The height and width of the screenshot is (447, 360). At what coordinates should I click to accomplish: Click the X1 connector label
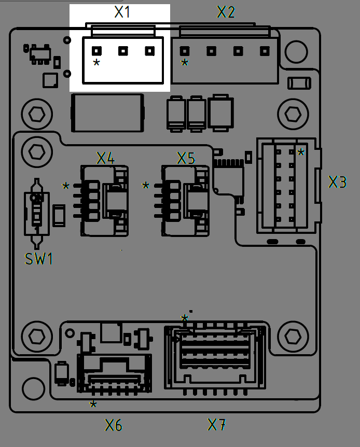[x=122, y=12]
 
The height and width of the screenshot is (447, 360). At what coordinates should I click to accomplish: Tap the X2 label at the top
[x=226, y=12]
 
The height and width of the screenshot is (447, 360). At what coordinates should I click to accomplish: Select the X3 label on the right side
[x=337, y=182]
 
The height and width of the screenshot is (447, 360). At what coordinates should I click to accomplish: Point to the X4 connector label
[x=105, y=158]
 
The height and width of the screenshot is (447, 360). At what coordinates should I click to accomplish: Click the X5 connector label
[x=186, y=158]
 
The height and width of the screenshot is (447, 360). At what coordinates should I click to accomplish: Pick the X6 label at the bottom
[x=114, y=426]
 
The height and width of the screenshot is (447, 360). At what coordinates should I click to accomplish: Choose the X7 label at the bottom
[x=217, y=425]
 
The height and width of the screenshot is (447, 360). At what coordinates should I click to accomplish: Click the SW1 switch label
[x=39, y=259]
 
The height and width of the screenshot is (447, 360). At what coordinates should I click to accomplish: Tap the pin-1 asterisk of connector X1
[x=96, y=63]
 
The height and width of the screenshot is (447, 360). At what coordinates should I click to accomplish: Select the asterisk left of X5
[x=146, y=186]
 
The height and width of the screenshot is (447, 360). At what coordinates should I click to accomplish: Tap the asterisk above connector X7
[x=184, y=318]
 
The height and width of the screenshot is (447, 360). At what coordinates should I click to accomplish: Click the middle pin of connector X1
[x=123, y=51]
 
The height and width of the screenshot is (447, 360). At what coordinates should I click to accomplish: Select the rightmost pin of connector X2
[x=265, y=51]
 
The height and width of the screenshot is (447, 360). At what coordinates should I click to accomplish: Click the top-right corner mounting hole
[x=296, y=50]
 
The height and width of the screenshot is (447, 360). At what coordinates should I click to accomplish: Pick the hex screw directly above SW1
[x=36, y=151]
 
